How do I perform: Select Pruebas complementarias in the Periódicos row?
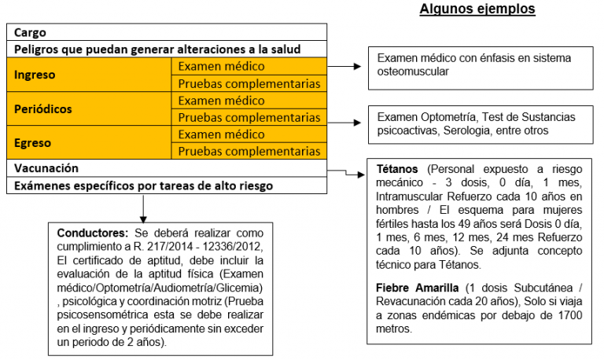tap(249, 118)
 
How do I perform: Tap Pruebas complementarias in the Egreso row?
tap(249, 152)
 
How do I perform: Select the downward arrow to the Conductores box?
tap(143, 208)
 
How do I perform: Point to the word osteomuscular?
tap(414, 72)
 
